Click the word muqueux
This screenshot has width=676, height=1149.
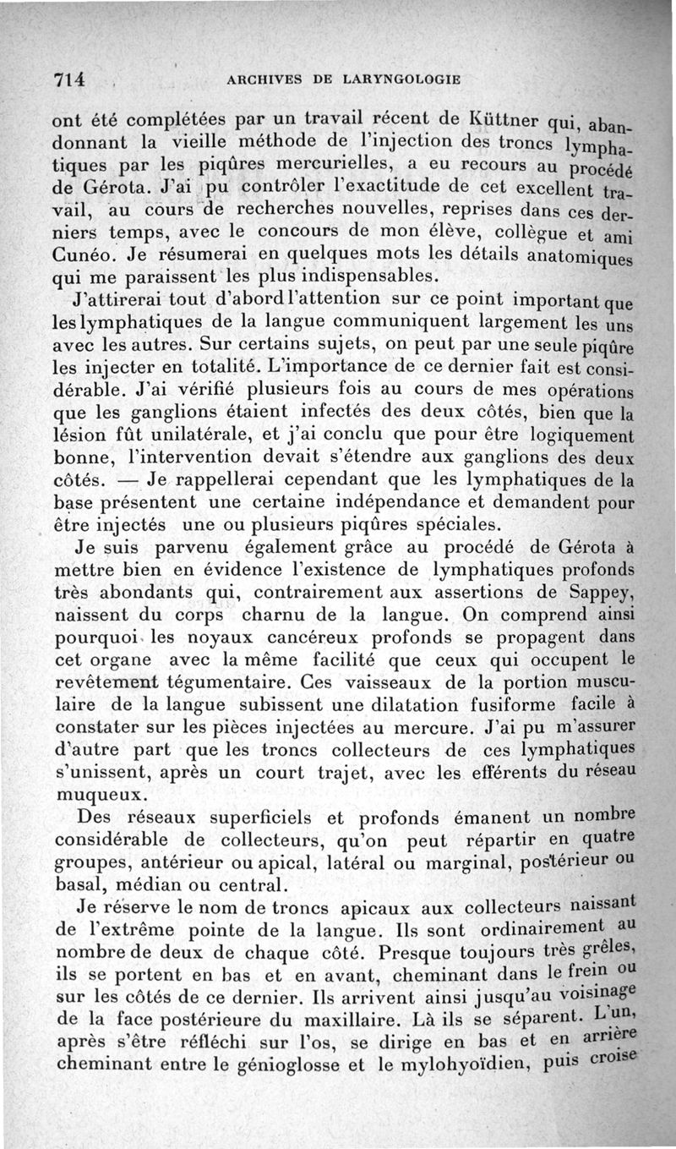pos(101,795)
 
